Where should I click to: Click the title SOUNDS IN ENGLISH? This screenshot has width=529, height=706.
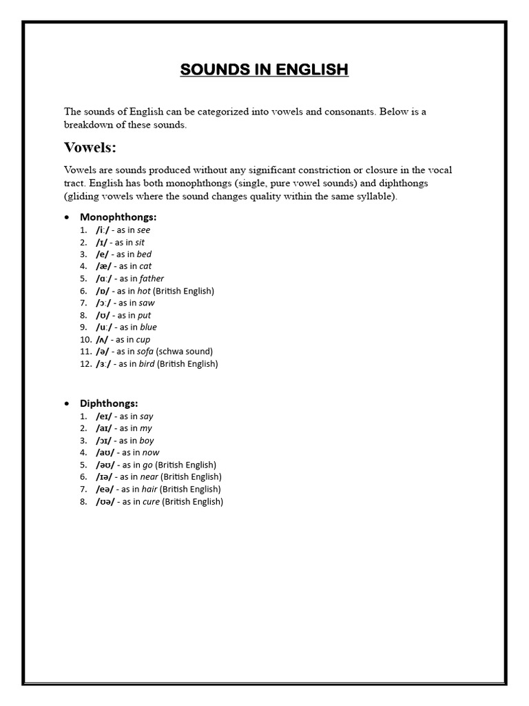pyautogui.click(x=264, y=70)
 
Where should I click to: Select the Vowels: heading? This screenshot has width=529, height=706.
pyautogui.click(x=90, y=148)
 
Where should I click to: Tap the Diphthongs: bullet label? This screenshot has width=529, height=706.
pyautogui.click(x=109, y=403)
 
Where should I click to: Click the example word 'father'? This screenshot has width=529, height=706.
pyautogui.click(x=152, y=279)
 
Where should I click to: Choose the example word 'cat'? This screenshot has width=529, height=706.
pyautogui.click(x=145, y=266)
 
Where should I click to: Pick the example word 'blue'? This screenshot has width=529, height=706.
pyautogui.click(x=148, y=327)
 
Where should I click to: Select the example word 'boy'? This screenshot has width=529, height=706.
pyautogui.click(x=147, y=441)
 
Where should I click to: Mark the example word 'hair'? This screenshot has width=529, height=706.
pyautogui.click(x=149, y=489)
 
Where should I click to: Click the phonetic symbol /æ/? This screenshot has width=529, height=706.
pyautogui.click(x=104, y=266)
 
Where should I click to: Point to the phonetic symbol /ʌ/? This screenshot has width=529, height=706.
pyautogui.click(x=104, y=339)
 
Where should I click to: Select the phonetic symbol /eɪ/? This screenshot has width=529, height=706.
pyautogui.click(x=105, y=416)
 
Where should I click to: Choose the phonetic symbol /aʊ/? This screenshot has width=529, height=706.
pyautogui.click(x=105, y=452)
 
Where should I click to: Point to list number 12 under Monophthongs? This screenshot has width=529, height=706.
pyautogui.click(x=85, y=363)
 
